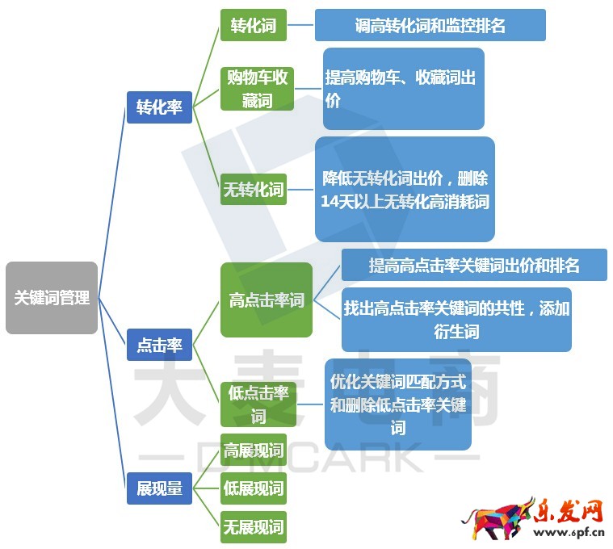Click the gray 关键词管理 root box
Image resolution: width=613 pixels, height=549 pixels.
(x=52, y=298)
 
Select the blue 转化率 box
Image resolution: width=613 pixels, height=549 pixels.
(x=159, y=107)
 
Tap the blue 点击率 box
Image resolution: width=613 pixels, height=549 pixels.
(x=159, y=345)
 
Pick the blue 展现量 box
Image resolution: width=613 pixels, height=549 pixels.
(x=159, y=488)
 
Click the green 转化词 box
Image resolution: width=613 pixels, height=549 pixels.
(x=254, y=25)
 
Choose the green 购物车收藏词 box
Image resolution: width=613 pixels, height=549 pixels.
(x=257, y=89)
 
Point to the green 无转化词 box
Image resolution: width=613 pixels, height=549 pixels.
(x=254, y=189)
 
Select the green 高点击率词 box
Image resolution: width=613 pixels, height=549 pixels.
(x=267, y=300)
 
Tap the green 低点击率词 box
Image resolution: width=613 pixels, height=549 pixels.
(x=258, y=404)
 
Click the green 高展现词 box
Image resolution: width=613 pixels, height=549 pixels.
(x=254, y=450)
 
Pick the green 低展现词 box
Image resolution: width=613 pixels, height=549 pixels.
(x=254, y=488)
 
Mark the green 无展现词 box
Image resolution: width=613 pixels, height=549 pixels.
(x=254, y=526)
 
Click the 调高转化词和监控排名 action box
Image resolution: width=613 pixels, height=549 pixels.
(x=430, y=25)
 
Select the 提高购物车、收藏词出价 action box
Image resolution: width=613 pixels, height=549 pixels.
(x=404, y=89)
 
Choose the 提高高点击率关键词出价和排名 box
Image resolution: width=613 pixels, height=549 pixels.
(x=474, y=265)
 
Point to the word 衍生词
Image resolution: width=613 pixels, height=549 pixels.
(x=456, y=332)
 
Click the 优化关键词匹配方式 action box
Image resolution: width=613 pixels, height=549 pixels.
(x=398, y=404)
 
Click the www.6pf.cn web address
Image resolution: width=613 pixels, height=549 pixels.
(x=569, y=532)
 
